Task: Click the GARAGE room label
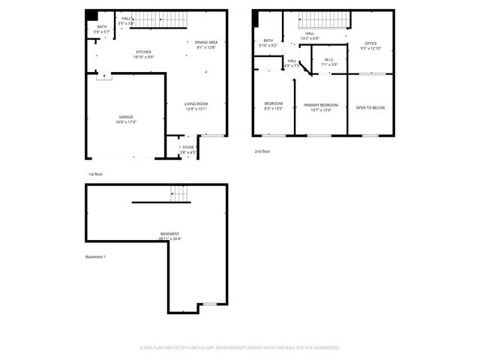[x=127, y=117]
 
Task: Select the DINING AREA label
[x=206, y=43]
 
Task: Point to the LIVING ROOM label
[x=196, y=103]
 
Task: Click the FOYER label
[x=187, y=147]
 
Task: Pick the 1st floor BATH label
[x=101, y=28]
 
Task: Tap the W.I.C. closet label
[x=329, y=60]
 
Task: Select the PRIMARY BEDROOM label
[x=321, y=104]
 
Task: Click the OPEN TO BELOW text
[x=370, y=107]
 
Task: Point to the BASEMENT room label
[x=170, y=234]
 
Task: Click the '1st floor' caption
[x=95, y=173]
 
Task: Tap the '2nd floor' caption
[x=262, y=151]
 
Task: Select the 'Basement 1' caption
[x=95, y=257]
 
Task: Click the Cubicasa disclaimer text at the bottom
[x=240, y=348]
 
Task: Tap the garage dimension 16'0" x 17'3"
[x=127, y=121]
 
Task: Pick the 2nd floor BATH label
[x=268, y=41]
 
